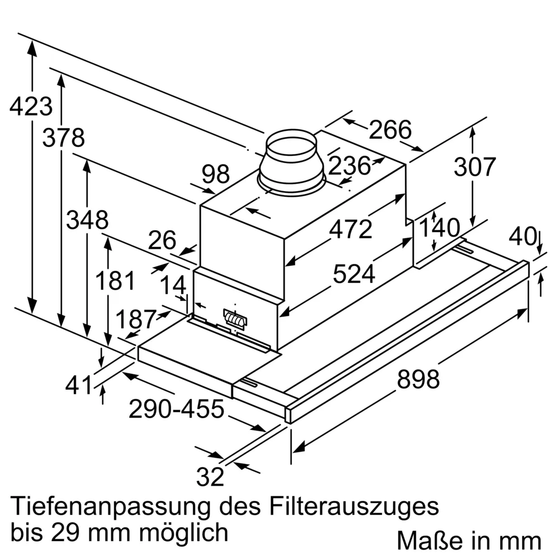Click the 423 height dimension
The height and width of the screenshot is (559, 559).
point(31,106)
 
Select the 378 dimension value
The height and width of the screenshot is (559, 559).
point(64,138)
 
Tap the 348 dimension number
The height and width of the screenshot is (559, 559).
point(87,220)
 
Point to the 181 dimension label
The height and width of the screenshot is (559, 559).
point(115,280)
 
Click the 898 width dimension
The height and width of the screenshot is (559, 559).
point(418,380)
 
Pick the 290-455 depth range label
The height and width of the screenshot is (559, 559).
point(176,410)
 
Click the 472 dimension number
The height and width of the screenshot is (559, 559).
point(350,230)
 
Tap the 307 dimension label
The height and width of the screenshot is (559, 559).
point(474,167)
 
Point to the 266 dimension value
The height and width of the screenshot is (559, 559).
point(390,130)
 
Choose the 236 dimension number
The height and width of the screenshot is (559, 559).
point(349,166)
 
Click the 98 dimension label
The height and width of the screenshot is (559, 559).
point(216,175)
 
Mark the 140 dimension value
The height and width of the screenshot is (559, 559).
point(439,228)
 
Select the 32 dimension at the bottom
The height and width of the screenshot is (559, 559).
point(210,477)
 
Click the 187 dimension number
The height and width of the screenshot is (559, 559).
point(135,319)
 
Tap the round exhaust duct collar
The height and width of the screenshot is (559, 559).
point(291,162)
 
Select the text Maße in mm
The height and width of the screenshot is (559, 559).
point(469,541)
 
